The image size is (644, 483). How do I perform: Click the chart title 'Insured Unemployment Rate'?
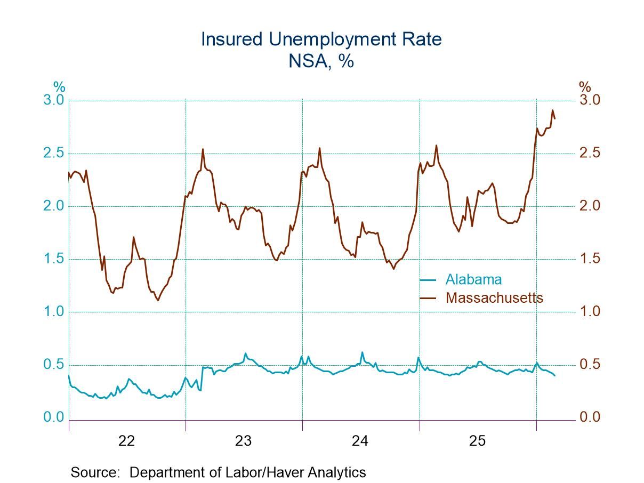pos(321,39)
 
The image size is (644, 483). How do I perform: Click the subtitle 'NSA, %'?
pos(321,61)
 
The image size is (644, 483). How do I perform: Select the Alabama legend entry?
pos(473,279)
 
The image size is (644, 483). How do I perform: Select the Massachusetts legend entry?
pos(494,297)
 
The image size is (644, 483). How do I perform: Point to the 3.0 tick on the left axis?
pos(53,100)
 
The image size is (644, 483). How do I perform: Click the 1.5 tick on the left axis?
pos(53,259)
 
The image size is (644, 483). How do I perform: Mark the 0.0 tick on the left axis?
pos(53,417)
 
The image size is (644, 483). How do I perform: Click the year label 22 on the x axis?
pos(127,441)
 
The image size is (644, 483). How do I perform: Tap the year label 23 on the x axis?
pos(244,441)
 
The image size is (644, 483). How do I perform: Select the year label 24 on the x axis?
pos(360,441)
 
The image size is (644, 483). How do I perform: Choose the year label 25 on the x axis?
pos(477,441)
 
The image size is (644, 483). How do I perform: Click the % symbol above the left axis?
pos(59,86)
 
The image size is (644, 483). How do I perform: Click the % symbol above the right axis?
pos(585,86)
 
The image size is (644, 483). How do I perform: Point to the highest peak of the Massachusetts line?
pos(552,110)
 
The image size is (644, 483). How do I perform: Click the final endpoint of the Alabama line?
pos(555,375)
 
